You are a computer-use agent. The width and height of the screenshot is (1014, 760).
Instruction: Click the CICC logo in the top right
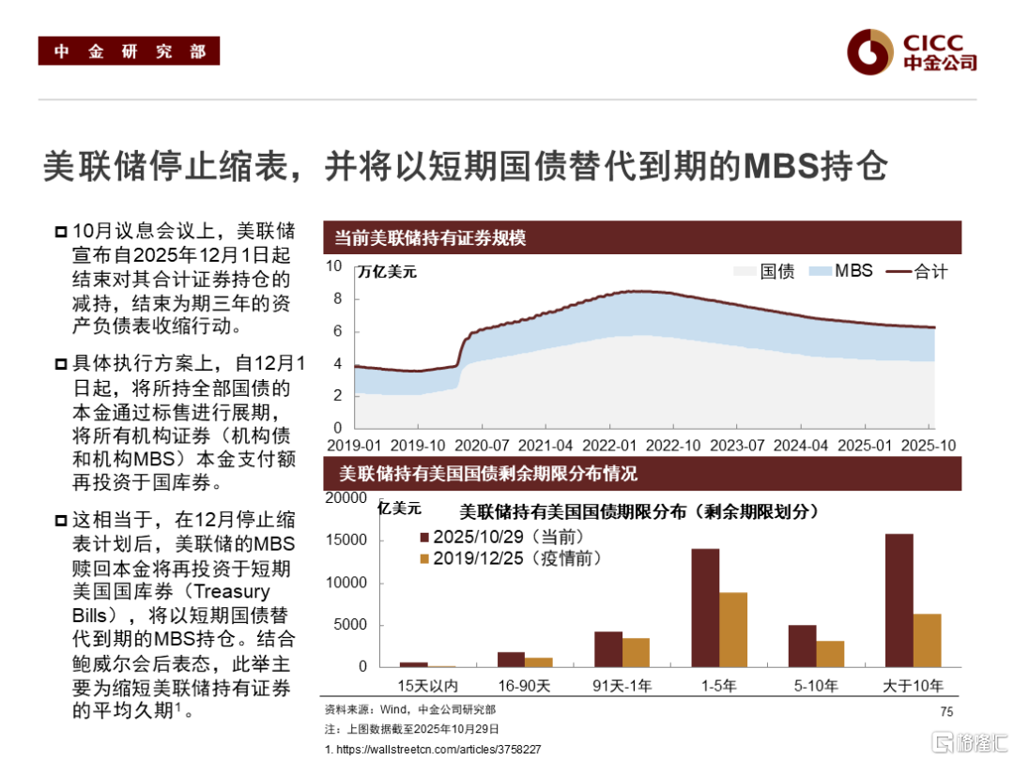coord(910,51)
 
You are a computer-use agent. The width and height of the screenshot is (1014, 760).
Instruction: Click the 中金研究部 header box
coord(129,52)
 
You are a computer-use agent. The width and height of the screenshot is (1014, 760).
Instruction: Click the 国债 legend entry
coord(765,271)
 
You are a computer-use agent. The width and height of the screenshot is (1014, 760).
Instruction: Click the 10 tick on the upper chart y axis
coord(334,266)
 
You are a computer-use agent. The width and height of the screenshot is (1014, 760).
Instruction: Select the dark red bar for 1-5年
coord(705,607)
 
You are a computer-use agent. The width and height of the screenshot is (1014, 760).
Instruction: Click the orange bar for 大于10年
coord(927,640)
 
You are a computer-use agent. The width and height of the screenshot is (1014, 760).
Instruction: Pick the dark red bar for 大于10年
coord(899,600)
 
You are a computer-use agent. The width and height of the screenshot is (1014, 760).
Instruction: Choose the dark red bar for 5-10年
coord(802,646)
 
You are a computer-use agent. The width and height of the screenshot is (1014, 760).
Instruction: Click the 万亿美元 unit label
coord(387,273)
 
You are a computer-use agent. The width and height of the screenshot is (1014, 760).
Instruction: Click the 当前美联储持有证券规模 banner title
coord(431,238)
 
